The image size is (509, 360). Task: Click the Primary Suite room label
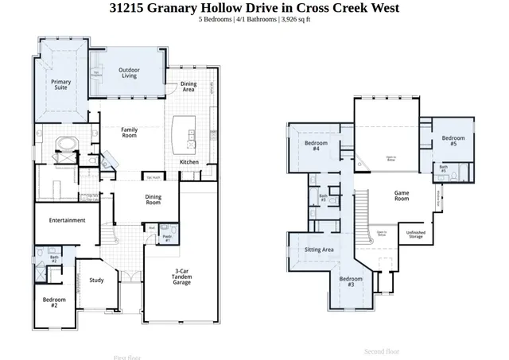(61, 85)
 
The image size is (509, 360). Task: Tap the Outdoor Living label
(129, 73)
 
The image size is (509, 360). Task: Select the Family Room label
(129, 132)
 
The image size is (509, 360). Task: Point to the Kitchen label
(189, 162)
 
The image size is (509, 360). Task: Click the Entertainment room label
(67, 220)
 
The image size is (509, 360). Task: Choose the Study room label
(96, 280)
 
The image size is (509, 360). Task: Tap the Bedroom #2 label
(54, 302)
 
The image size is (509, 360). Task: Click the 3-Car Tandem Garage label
(182, 277)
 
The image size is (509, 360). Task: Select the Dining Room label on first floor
(153, 199)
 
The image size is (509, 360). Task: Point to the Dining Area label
(188, 87)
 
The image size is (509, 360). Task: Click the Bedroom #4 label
(312, 145)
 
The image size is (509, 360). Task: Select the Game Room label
(402, 195)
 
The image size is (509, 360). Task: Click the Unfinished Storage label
(415, 235)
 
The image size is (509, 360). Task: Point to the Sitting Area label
(319, 250)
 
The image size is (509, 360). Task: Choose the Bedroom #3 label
(351, 281)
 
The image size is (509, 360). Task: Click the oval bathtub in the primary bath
(65, 144)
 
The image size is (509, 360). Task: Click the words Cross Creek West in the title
(350, 8)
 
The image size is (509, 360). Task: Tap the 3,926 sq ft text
(295, 19)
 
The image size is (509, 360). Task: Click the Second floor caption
(381, 351)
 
